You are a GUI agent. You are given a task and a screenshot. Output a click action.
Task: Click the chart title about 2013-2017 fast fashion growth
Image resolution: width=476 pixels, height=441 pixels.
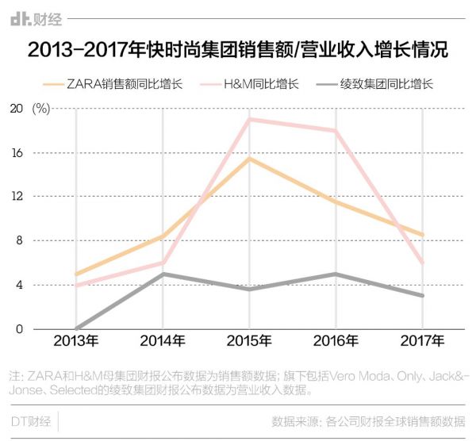pos(238,50)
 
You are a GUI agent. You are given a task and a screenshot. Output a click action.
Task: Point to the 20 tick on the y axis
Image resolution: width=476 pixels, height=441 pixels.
pos(14,109)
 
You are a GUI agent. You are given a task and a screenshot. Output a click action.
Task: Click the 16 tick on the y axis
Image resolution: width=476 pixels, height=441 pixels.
pos(14,153)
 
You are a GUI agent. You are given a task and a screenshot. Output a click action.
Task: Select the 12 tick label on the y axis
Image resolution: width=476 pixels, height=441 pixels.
pos(14,197)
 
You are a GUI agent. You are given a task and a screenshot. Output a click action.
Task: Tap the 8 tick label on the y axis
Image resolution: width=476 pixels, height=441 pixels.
pos(17,241)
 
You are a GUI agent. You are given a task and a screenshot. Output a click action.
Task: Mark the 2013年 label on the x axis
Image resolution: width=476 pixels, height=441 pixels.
pos(75,342)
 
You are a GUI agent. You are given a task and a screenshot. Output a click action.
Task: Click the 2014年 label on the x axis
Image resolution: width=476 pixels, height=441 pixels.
pos(162,342)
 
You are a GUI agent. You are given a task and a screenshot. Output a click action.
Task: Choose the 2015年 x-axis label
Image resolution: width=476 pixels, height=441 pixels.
pos(249,342)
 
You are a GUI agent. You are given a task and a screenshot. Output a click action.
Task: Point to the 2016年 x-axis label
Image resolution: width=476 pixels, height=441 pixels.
pos(336,342)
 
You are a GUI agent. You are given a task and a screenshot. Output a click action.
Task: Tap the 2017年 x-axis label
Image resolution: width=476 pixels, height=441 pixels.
pos(422,342)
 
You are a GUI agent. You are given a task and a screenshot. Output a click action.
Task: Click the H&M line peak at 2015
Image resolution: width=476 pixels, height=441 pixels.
pos(249,119)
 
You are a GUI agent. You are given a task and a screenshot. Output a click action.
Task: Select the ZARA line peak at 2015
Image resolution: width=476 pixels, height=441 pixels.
pos(249,159)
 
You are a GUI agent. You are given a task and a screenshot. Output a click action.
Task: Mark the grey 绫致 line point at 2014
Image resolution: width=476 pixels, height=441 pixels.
pos(162,274)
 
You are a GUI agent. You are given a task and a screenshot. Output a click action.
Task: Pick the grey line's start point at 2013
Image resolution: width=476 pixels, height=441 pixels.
pos(76,328)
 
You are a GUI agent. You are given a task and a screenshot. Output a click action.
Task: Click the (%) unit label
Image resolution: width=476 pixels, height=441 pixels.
pos(42,109)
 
